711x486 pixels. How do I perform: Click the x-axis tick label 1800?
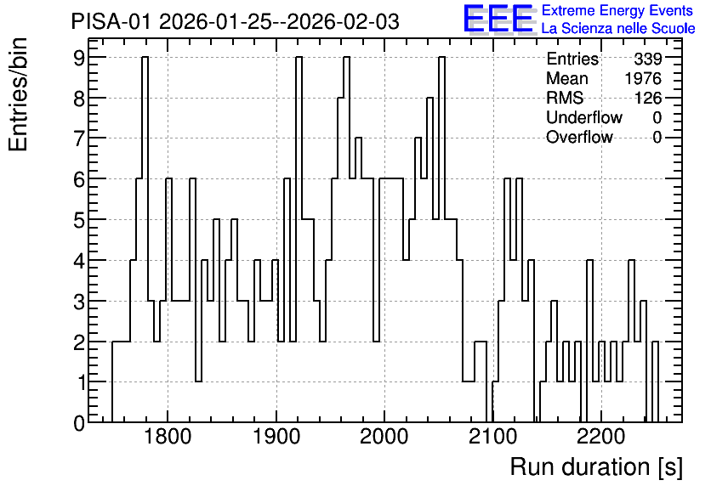pos(168,437)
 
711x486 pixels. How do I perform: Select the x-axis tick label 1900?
pos(276,437)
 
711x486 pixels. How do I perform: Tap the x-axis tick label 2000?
pos(384,437)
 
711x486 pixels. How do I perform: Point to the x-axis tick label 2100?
pos(493,437)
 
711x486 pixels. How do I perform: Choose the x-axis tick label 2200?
pos(601,437)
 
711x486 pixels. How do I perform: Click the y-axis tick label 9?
pos(79,58)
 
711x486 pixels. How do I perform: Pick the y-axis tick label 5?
pos(79,220)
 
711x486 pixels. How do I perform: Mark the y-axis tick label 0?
pos(79,423)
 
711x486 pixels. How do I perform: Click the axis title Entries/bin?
pos(19,95)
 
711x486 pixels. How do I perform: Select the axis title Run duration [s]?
pos(596,467)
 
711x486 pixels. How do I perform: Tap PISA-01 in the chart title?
pos(111,21)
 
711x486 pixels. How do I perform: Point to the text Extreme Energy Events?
pos(617,10)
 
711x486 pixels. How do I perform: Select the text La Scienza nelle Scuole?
pos(618,29)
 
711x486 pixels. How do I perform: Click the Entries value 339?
pos(648,59)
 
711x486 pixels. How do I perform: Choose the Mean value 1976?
pos(643,78)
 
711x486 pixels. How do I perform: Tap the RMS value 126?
pos(648,98)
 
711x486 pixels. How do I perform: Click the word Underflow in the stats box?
pos(584,117)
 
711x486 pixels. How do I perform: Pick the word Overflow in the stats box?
pos(579,137)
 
